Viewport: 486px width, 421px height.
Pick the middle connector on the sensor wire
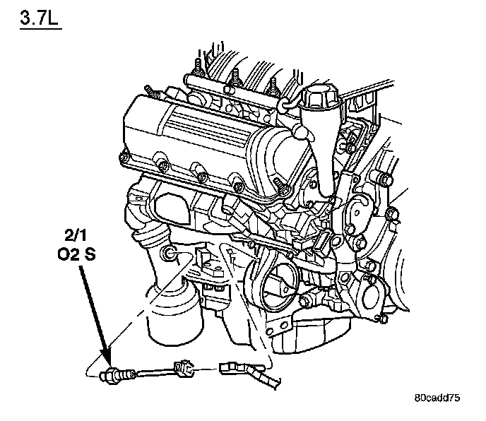(182, 367)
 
